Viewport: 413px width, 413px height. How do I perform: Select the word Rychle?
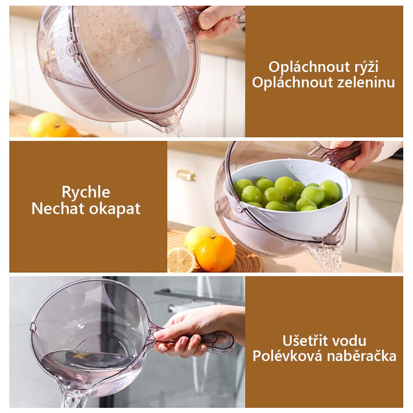(x=86, y=192)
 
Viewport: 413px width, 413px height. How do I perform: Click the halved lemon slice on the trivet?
(x=181, y=260)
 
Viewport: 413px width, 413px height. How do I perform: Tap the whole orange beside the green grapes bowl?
(x=215, y=254)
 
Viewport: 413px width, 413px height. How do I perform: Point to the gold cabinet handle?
(x=186, y=175)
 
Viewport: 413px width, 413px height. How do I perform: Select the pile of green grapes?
(x=287, y=193)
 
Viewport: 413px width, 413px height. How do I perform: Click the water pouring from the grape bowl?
(x=326, y=257)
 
